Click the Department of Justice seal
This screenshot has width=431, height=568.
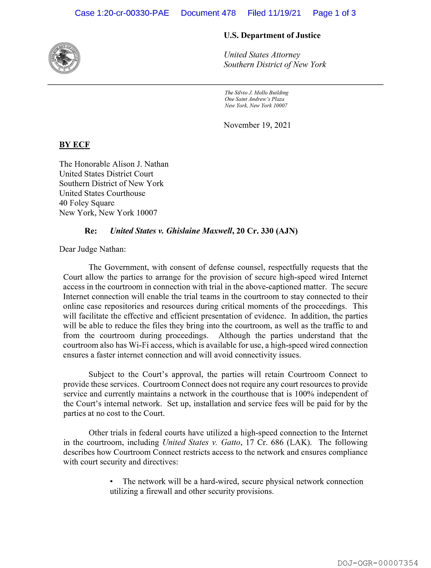click(x=64, y=58)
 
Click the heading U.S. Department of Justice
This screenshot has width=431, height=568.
click(x=272, y=35)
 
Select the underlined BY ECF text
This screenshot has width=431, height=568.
click(x=74, y=145)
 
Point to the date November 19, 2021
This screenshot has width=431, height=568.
click(x=257, y=125)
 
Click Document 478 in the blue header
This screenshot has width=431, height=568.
click(x=208, y=13)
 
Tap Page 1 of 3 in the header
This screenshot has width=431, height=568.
click(x=334, y=13)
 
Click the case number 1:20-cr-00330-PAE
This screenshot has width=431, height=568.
click(x=133, y=13)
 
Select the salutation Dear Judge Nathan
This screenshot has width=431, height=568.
click(x=92, y=249)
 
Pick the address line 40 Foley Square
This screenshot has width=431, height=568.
click(x=87, y=203)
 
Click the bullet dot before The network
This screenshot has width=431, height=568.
click(x=111, y=482)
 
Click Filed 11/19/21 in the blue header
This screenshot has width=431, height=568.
click(x=274, y=13)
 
